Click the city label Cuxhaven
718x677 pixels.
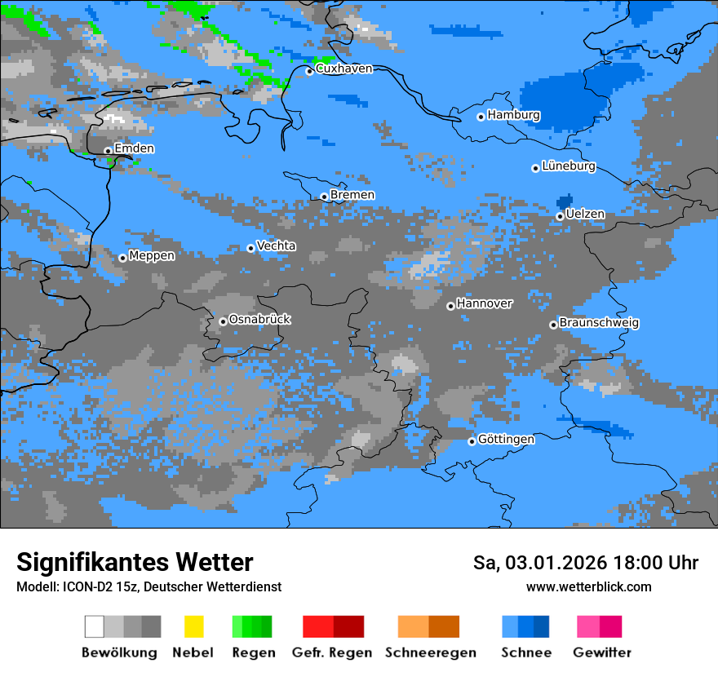343,69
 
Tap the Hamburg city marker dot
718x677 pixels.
481,117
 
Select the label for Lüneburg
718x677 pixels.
569,166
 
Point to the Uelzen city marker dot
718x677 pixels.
560,216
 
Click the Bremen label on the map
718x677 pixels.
352,195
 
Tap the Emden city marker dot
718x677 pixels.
108,151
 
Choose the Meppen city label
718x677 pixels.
152,256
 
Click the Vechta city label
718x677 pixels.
277,246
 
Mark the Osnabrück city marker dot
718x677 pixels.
223,321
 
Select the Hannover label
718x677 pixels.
485,303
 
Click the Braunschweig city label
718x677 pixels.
599,323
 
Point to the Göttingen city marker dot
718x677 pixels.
472,441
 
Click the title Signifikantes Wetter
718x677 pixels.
135,562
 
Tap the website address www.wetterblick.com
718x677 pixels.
588,587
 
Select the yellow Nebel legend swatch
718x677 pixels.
193,626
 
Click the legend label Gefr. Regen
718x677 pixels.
332,653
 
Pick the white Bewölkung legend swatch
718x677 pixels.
94,626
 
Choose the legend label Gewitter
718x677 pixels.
601,653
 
